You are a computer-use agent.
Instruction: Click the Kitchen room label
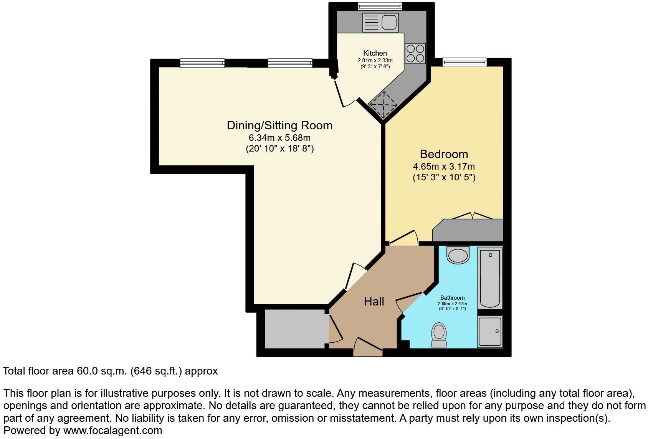click(375, 53)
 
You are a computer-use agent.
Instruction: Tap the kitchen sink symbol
click(380, 22)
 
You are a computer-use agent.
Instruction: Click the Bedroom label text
click(444, 154)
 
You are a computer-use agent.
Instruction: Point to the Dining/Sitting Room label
click(279, 125)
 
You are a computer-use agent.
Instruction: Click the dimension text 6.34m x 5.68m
click(279, 137)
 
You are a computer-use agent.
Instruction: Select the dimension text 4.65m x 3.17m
click(444, 167)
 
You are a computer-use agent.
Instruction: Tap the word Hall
click(374, 302)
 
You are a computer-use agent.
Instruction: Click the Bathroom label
click(452, 298)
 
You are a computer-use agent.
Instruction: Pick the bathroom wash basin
click(458, 255)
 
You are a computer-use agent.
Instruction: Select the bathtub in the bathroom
click(490, 277)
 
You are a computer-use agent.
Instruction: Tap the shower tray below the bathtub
click(490, 332)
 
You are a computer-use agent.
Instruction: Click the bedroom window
click(465, 62)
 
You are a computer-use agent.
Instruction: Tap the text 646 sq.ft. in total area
click(157, 371)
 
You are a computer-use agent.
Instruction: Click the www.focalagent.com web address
click(112, 431)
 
